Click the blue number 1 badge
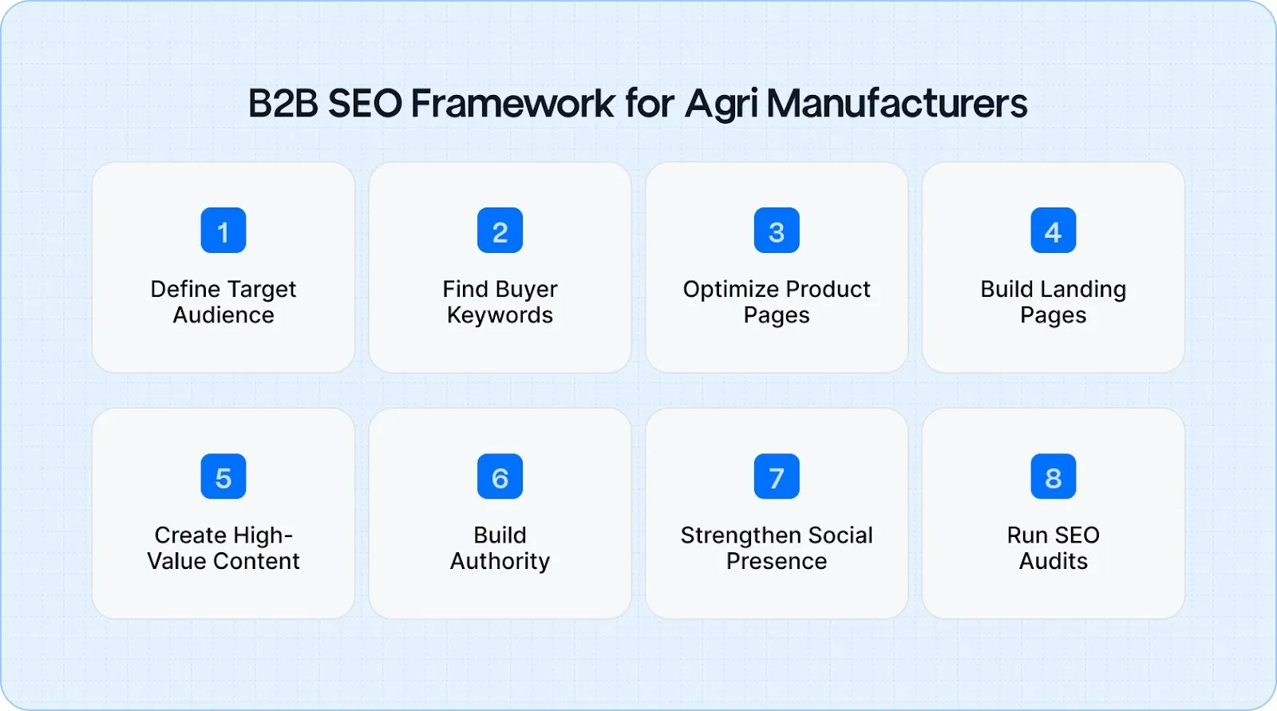(x=223, y=231)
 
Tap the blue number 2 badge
(x=500, y=231)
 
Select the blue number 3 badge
(x=777, y=231)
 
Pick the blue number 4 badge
(x=1053, y=231)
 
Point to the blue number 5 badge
(x=223, y=476)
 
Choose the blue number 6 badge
(x=500, y=476)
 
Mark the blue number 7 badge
(x=777, y=476)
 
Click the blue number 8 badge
(x=1053, y=476)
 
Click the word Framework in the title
(x=512, y=104)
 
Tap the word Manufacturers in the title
(x=896, y=104)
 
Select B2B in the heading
(x=283, y=104)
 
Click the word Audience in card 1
(x=223, y=315)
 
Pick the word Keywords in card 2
(x=500, y=316)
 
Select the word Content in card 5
(x=257, y=561)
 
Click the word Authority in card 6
(x=500, y=562)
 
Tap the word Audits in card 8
(x=1053, y=561)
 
